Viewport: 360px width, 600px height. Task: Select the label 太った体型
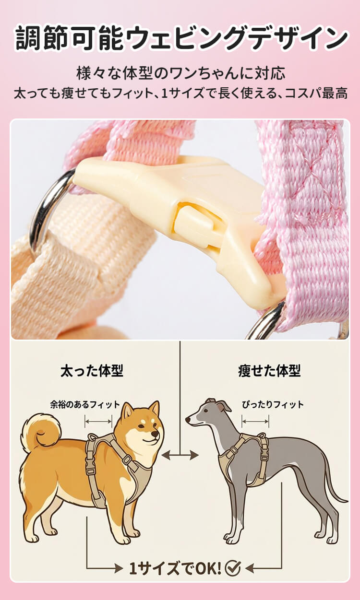click(92, 371)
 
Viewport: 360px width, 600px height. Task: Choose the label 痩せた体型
click(269, 371)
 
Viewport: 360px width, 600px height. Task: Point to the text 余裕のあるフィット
click(85, 404)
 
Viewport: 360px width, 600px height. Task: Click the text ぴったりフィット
click(273, 404)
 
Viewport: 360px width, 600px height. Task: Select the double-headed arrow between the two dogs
click(180, 455)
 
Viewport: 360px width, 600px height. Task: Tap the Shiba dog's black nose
click(155, 434)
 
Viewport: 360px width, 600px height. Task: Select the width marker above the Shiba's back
click(98, 422)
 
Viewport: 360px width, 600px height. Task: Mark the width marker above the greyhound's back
click(255, 422)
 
